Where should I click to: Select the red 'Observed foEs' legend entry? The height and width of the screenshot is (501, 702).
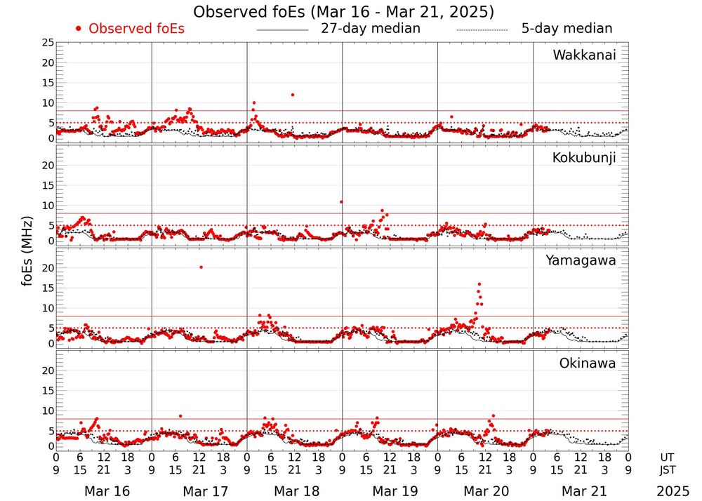pos(131,29)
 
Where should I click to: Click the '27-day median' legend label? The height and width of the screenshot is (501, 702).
pos(370,29)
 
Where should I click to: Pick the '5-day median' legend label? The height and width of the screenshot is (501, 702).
pos(567,29)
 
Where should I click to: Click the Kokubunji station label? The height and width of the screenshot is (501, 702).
pos(584,158)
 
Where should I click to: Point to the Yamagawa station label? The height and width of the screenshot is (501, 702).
pos(581,260)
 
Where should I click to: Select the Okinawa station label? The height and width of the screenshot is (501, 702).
pos(588,363)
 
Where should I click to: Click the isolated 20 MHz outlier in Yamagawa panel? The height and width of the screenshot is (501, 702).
pos(201,267)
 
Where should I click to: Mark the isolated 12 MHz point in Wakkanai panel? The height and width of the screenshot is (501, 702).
pos(292,95)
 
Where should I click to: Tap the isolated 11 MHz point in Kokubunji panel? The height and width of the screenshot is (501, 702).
pos(341,202)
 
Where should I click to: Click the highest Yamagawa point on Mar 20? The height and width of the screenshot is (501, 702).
pos(479,284)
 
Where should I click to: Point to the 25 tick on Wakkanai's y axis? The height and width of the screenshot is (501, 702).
pos(47,43)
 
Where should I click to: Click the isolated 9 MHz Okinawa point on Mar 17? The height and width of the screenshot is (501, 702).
pos(180,416)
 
